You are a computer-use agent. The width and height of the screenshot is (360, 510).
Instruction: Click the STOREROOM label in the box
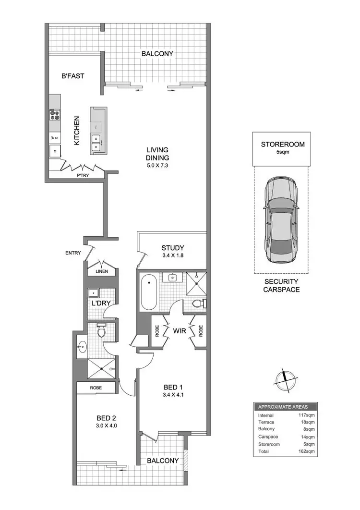(282, 144)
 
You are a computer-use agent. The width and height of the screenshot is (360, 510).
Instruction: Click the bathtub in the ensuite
(149, 292)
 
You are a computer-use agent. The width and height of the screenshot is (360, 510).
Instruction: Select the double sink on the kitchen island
(97, 143)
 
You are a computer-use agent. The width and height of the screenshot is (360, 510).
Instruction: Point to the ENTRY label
(72, 253)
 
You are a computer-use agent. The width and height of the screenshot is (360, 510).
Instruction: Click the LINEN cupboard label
(101, 271)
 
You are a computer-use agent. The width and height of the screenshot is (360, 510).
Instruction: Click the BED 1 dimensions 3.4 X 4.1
(172, 396)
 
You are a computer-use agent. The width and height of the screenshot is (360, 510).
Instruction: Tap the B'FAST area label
(73, 76)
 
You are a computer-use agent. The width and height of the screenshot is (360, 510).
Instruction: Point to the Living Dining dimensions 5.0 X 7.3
(158, 166)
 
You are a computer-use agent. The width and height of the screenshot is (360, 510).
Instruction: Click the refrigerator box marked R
(55, 152)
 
